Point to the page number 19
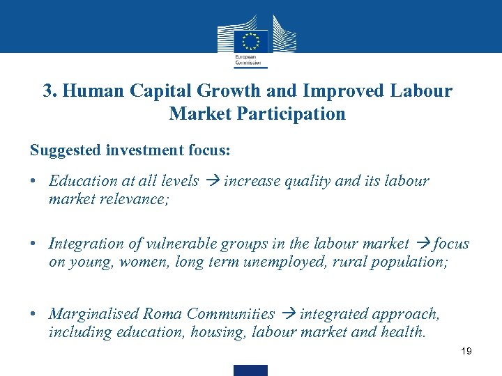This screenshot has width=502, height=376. pyautogui.click(x=466, y=351)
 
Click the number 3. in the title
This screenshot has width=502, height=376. pyautogui.click(x=50, y=91)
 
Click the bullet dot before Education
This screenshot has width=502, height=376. pyautogui.click(x=33, y=181)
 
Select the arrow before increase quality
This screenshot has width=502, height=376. pyautogui.click(x=211, y=181)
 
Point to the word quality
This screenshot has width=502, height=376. pyautogui.click(x=307, y=181)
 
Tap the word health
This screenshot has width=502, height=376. pyautogui.click(x=403, y=332)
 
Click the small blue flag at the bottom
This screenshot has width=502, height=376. pyautogui.click(x=250, y=370)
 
